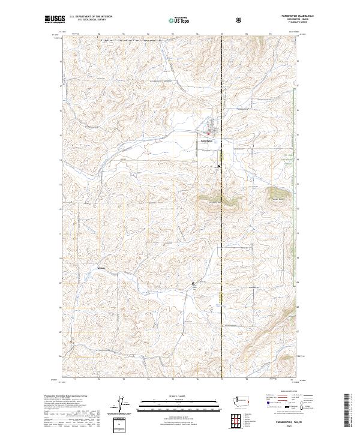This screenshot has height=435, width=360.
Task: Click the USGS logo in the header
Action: pyautogui.click(x=55, y=20)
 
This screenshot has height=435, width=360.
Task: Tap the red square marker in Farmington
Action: pyautogui.click(x=208, y=133)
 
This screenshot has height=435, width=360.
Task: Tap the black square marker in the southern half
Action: pyautogui.click(x=193, y=283)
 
